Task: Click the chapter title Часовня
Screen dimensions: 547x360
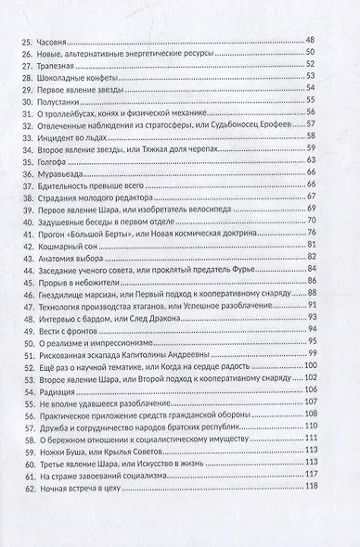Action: coord(54,37)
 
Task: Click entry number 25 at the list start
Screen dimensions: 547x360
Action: coord(25,37)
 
